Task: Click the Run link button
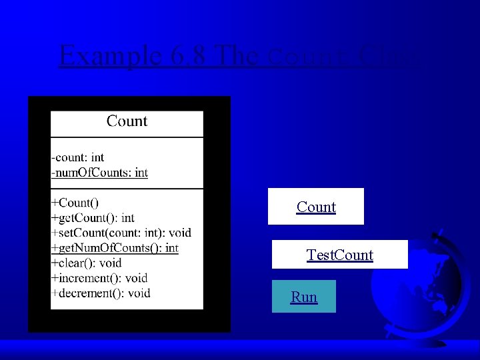pos(304,297)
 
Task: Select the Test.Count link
pos(339,255)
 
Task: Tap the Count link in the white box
pos(316,207)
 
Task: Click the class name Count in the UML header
pos(127,121)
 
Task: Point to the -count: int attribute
pos(78,157)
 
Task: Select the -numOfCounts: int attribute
pos(99,173)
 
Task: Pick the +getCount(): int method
pos(93,217)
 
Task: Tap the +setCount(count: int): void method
pos(121,233)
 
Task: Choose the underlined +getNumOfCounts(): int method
pos(115,248)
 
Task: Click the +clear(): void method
pos(86,263)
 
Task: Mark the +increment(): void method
pos(99,278)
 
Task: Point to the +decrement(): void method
pos(101,293)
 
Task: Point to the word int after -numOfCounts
pos(141,173)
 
